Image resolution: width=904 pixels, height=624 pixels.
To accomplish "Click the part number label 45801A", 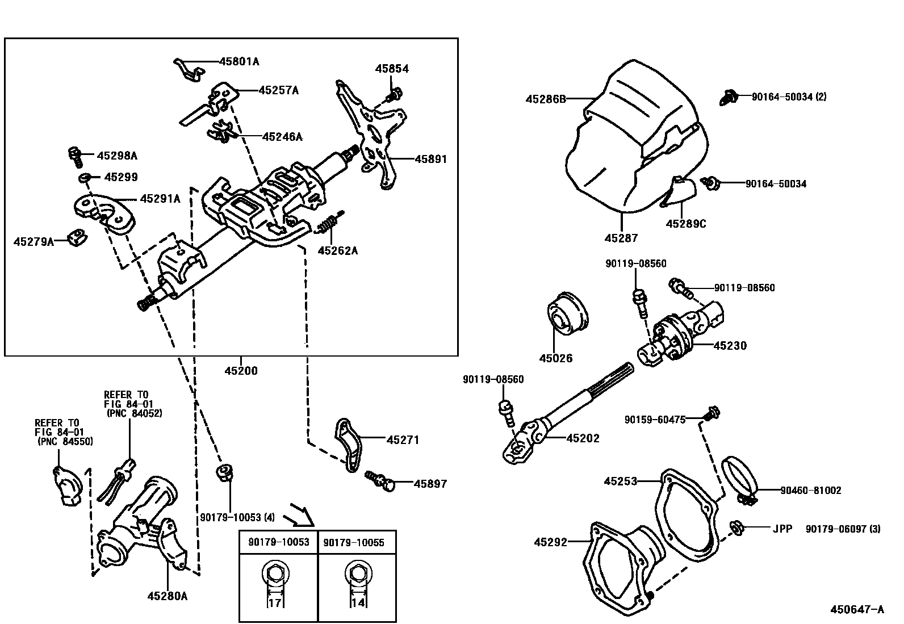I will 239,61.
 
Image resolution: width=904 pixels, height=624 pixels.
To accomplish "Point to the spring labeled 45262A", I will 329,224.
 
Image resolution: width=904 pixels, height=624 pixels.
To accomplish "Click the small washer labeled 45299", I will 85,178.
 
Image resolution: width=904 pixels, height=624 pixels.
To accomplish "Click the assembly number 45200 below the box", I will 241,371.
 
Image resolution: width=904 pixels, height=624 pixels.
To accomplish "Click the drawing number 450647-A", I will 857,609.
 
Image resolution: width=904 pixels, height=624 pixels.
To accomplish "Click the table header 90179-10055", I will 354,542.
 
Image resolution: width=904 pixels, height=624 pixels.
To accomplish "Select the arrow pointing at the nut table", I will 299,514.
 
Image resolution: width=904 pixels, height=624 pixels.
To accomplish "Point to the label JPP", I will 781,529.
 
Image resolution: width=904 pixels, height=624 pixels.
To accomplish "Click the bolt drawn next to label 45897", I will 380,480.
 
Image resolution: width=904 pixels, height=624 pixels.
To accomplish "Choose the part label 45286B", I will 546,99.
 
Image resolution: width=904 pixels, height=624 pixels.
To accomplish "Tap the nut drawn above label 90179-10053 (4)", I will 224,472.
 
